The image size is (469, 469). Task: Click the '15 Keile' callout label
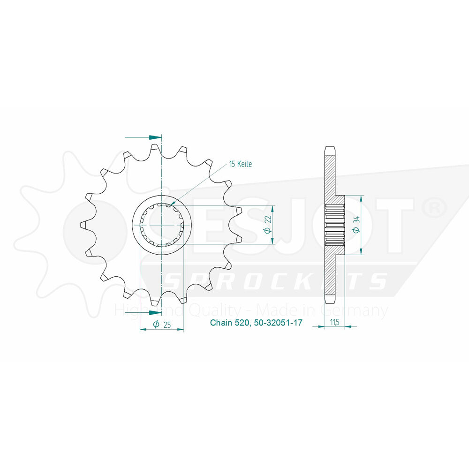pyautogui.click(x=241, y=164)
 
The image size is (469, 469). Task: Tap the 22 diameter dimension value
pyautogui.click(x=268, y=219)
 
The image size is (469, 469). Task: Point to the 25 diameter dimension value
pyautogui.click(x=166, y=325)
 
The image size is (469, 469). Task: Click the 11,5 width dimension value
pyautogui.click(x=335, y=322)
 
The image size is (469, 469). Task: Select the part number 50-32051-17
pyautogui.click(x=278, y=323)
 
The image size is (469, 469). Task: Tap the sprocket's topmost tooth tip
pyautogui.click(x=155, y=146)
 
